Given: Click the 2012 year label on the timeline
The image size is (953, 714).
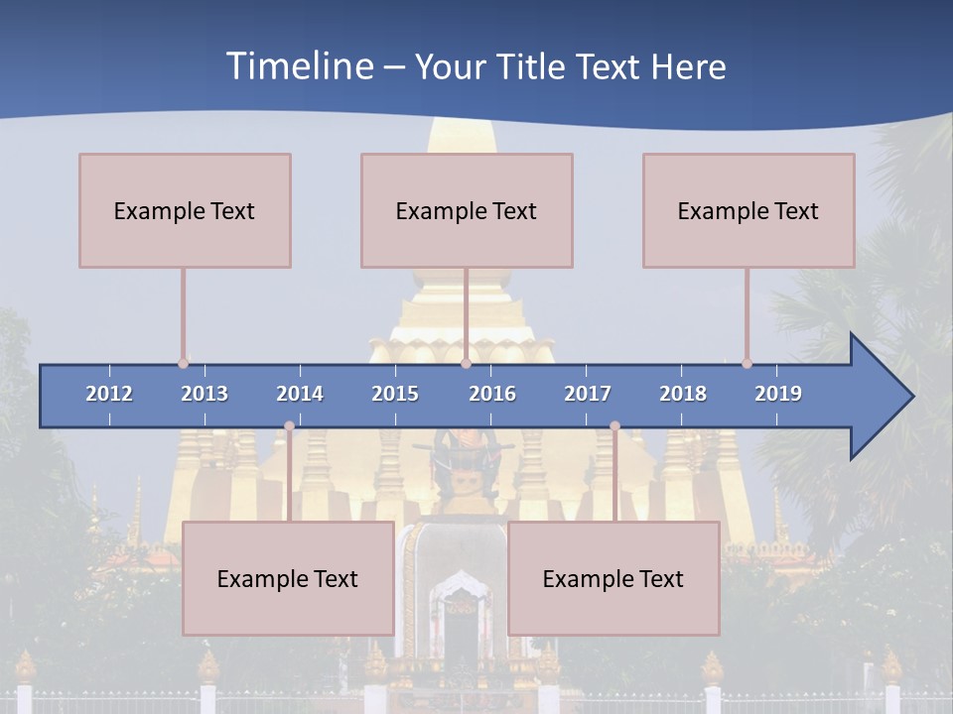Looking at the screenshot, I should coord(109,394).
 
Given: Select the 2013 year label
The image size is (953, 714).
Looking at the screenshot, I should coord(204,394).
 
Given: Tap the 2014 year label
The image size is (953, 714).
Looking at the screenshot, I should coord(300,394).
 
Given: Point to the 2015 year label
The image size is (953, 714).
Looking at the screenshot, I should coord(395,394).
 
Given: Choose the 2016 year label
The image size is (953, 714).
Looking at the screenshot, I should coord(492,394).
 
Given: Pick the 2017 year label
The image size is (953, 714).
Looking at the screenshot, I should coord(588,394).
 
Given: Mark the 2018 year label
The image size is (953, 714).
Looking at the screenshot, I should coord(683,394).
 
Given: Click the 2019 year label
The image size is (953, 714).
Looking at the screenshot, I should coord(778,394).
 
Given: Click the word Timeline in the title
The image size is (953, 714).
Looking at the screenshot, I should coord(299,66).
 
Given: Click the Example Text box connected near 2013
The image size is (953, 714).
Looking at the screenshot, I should coord(185,210).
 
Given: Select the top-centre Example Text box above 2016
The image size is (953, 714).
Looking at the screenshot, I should coord(467,210).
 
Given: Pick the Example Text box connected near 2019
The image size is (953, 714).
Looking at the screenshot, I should coord(749,210).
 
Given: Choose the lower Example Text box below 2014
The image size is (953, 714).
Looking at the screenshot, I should coord(288,578).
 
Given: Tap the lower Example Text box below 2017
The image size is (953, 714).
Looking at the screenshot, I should coord(613,578).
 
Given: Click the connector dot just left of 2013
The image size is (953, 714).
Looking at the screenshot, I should coord(183,364).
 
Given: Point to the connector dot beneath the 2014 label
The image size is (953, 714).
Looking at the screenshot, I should coord(289,426).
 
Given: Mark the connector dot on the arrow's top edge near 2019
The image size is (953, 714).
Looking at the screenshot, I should coord(747,364).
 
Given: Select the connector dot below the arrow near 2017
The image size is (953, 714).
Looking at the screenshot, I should coord(614,426).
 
